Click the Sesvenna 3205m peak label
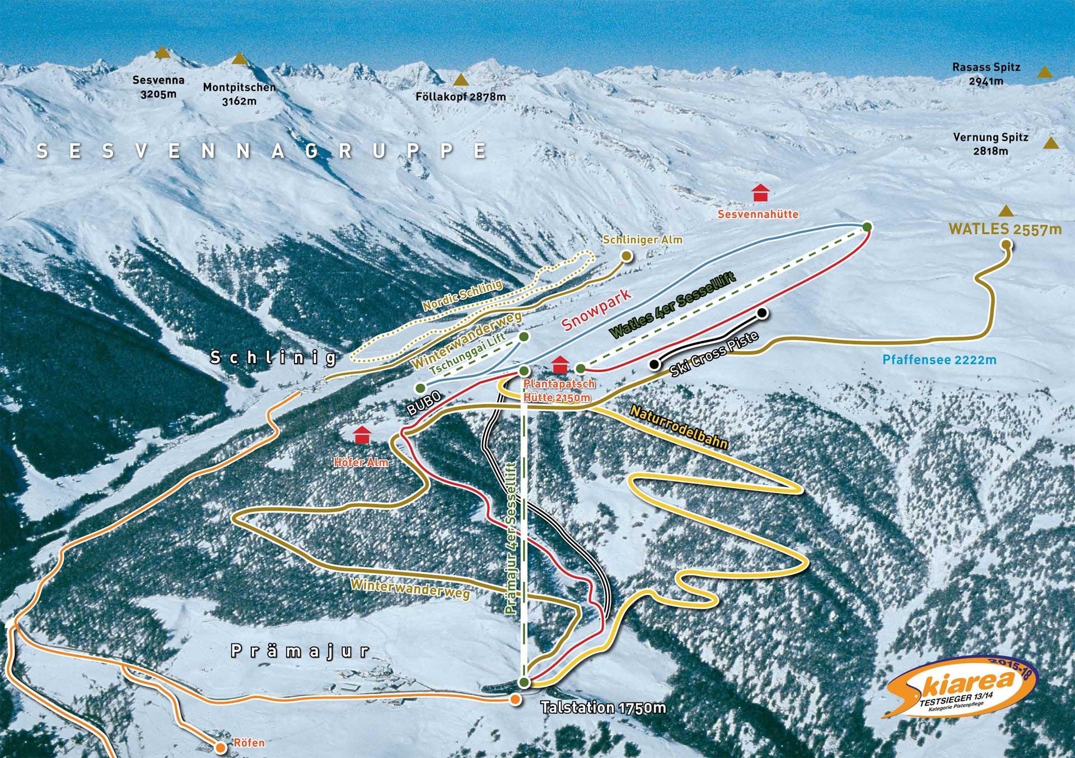[158, 87]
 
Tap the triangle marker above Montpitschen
[239, 59]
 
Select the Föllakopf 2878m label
[460, 96]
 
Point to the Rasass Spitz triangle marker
[1044, 72]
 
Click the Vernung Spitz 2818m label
[990, 144]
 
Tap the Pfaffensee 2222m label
[940, 360]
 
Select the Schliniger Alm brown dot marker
[626, 256]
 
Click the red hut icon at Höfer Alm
[363, 434]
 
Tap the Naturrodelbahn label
[679, 427]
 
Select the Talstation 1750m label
[604, 708]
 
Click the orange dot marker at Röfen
[221, 747]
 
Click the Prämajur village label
[301, 650]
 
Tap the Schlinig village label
[273, 357]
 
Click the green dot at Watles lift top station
[867, 226]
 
